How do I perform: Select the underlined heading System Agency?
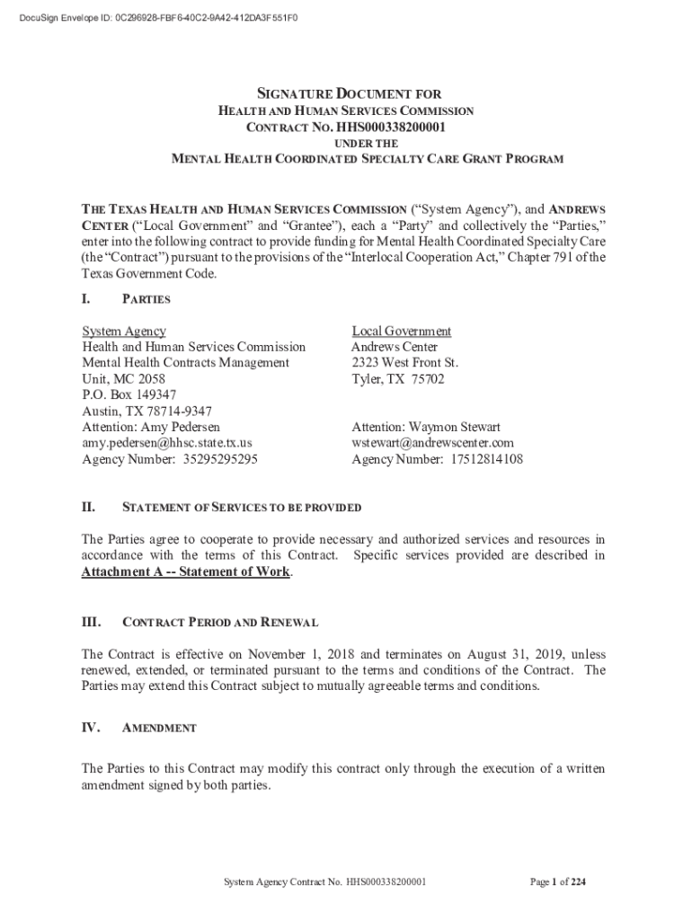124,332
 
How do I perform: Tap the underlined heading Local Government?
401,332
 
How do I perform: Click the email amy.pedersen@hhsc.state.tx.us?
167,443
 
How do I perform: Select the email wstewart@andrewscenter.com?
432,443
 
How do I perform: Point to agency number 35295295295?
220,459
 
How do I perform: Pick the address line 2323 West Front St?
404,363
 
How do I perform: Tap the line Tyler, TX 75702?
397,379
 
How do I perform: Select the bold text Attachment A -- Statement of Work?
186,572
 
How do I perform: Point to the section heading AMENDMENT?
159,728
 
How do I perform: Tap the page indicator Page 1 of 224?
557,881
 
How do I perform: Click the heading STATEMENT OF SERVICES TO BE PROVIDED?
242,508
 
